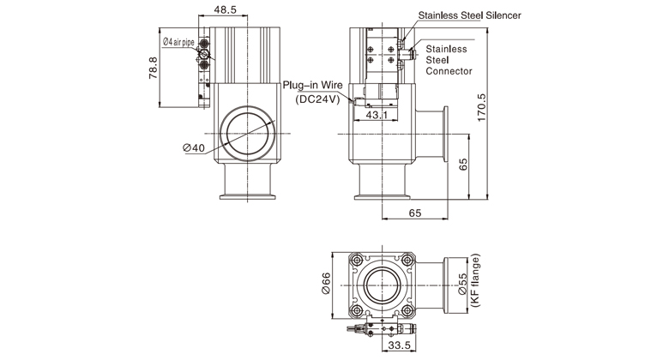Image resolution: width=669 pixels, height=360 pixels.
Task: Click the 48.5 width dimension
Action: [x=226, y=9]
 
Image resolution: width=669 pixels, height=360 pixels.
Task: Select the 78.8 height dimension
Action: [x=152, y=67]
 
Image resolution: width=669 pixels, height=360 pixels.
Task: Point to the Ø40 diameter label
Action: [x=195, y=147]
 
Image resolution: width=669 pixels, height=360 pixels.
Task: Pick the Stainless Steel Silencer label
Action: [x=469, y=15]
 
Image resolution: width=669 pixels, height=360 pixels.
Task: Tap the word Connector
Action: [x=449, y=72]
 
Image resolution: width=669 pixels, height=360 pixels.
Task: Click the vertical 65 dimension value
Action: [x=463, y=165]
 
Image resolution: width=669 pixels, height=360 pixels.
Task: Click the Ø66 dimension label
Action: [x=325, y=284]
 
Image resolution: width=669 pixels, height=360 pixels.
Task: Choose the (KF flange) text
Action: [x=476, y=284]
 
